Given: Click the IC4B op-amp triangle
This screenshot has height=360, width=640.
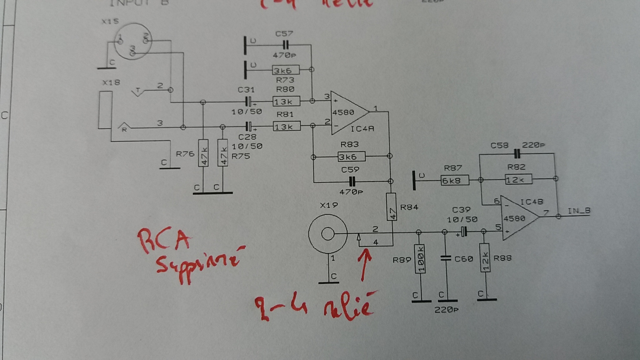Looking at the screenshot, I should coord(517,218).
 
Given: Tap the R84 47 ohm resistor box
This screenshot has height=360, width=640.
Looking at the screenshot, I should coord(391,207).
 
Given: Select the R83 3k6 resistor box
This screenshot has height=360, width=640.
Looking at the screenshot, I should coord(351,156).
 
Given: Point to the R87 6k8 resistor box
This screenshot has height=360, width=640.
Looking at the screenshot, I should coord(455,180).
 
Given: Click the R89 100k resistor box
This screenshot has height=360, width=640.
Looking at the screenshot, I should coord(420,259).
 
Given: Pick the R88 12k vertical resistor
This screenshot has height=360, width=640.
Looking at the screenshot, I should coord(485,258).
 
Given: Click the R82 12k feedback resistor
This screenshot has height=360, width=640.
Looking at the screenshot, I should coord(518,179).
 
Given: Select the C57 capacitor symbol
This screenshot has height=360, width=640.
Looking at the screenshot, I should coord(285,45).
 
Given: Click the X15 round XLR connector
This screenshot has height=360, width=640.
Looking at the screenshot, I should coord(133,42).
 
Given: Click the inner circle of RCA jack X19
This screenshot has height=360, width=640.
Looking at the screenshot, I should coord(327,234).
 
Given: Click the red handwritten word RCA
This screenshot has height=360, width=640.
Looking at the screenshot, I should coord(164,241).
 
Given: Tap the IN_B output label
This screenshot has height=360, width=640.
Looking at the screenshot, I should coord(579,211).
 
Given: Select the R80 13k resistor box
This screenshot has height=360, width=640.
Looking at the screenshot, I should coord(286,101).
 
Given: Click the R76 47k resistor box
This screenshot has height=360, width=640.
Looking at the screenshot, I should coord(203,153).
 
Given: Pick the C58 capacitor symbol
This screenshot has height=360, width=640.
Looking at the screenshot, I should coord(517,153).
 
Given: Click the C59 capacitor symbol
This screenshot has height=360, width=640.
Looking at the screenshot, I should coord(352,181).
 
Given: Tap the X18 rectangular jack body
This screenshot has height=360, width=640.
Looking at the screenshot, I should coord(105,110).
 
